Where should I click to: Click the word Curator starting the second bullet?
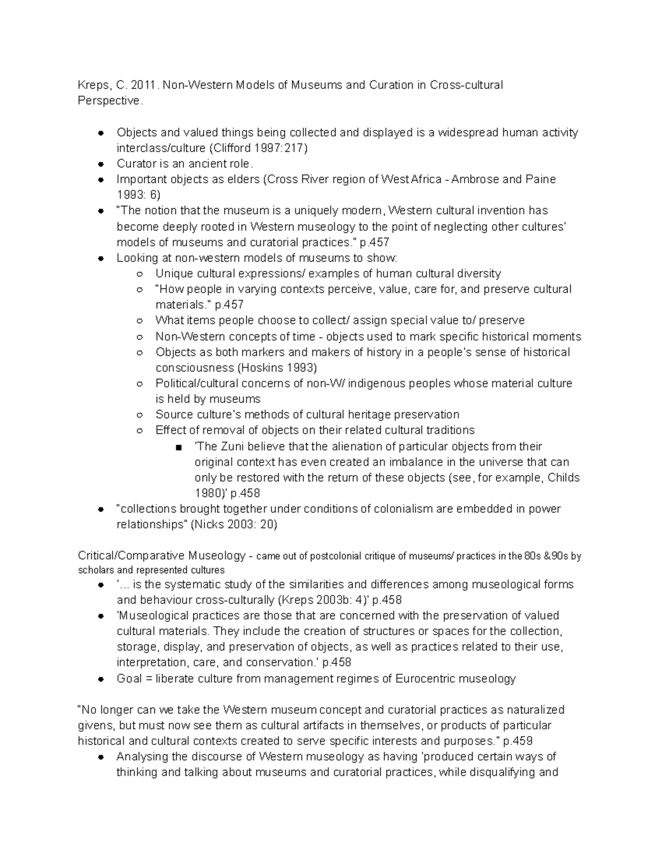tap(136, 164)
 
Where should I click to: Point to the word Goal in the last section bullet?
tap(129, 679)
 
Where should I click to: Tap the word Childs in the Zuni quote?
tap(563, 478)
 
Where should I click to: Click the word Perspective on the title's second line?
tap(109, 101)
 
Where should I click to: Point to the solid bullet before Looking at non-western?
tap(100, 258)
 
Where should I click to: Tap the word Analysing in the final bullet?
tap(144, 757)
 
